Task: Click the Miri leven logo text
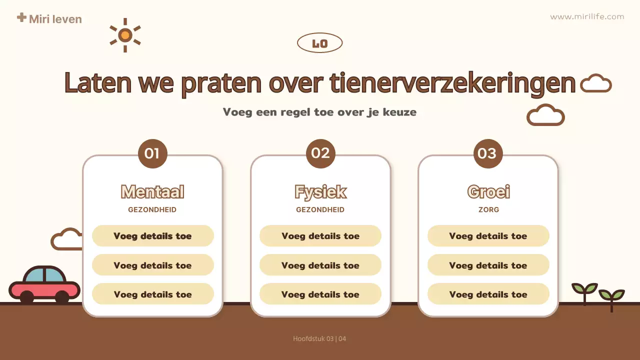click(55, 19)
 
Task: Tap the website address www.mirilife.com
click(587, 16)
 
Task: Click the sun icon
click(125, 35)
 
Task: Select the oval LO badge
click(319, 43)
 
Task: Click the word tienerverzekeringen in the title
click(452, 83)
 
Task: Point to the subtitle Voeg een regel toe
click(319, 112)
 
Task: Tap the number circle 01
click(152, 153)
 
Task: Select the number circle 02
click(320, 153)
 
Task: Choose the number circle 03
click(487, 153)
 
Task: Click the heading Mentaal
click(152, 192)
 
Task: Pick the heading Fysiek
click(320, 192)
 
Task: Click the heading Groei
click(488, 192)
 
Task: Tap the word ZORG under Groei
click(488, 210)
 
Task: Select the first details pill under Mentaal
click(152, 236)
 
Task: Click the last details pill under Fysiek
click(320, 294)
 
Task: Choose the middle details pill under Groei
click(488, 265)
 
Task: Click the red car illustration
click(44, 285)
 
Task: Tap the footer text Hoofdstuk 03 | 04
click(319, 339)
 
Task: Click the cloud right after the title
click(596, 83)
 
